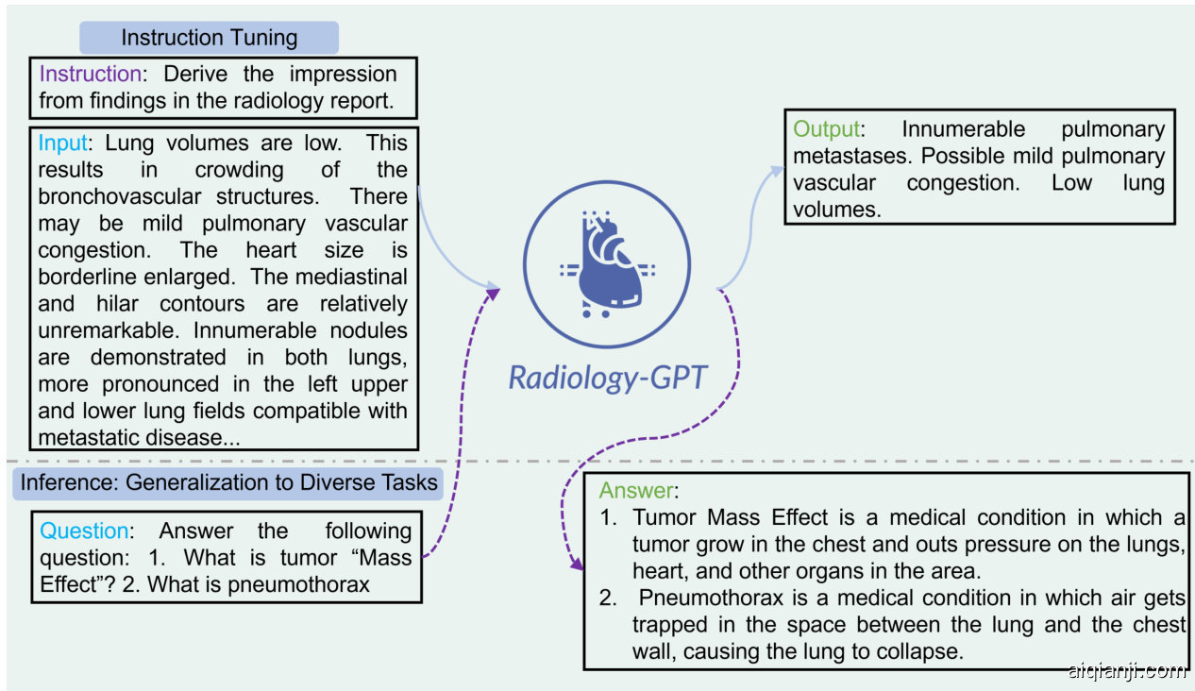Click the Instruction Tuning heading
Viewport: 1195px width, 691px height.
(x=210, y=38)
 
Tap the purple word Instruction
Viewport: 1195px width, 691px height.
(x=91, y=74)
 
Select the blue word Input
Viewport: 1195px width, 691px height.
(x=62, y=143)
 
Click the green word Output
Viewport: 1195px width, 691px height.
(x=826, y=129)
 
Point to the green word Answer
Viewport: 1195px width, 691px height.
(x=636, y=490)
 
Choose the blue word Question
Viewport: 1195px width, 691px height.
(x=84, y=531)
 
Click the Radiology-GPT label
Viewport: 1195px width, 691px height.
(x=608, y=378)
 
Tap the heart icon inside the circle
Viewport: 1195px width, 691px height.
(x=607, y=264)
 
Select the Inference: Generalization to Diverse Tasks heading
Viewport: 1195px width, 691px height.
(x=228, y=482)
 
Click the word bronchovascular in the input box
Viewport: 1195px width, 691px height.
(x=120, y=196)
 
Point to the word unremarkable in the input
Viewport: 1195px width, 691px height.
(x=106, y=330)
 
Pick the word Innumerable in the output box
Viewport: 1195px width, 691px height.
(x=964, y=129)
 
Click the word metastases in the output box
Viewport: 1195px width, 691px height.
(x=849, y=157)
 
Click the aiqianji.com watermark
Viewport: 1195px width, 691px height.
(x=1126, y=671)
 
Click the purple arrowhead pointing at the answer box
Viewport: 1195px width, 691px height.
(x=577, y=563)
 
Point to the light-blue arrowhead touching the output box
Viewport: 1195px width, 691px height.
(x=777, y=173)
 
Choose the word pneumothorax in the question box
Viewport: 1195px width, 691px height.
(x=298, y=585)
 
